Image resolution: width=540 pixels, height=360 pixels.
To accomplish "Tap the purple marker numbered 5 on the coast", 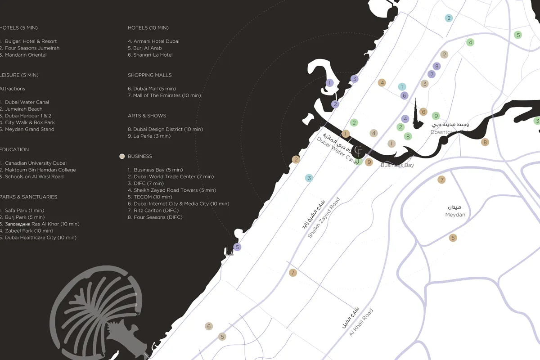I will click(238, 247).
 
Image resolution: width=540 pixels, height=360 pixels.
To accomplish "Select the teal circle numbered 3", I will click(309, 178).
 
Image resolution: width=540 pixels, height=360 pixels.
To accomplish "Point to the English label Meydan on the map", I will click(455, 215).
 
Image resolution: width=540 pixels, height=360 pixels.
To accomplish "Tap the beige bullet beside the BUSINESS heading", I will click(121, 156).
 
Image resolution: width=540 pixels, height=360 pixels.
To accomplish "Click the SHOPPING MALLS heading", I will click(149, 75).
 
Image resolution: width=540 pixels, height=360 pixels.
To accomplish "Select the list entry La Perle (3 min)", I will click(152, 136).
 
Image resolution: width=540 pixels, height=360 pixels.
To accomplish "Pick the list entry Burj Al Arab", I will click(147, 48).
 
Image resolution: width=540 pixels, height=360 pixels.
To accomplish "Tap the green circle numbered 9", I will click(436, 116).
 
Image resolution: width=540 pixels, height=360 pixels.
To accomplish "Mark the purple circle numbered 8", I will click(436, 66).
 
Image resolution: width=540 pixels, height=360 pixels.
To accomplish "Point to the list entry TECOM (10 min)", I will click(153, 197).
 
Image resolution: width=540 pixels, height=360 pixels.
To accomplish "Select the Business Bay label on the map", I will click(397, 165).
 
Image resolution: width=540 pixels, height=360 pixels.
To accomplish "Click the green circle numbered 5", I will click(518, 35).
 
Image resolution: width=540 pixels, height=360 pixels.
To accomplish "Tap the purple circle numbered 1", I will click(329, 83).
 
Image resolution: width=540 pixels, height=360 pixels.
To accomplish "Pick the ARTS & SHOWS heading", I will click(147, 116).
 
